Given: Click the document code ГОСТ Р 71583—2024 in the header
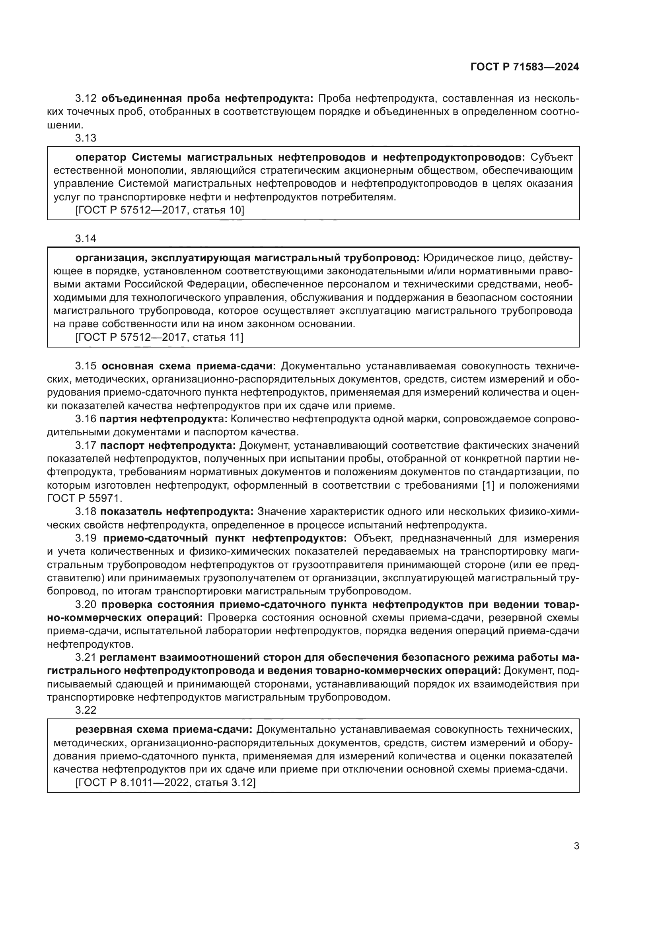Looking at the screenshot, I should [525, 67].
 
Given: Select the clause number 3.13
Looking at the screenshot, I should [86, 138].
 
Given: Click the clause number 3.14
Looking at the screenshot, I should [86, 239].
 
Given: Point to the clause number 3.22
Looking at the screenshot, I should [86, 710].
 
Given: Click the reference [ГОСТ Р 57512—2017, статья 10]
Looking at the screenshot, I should [160, 210].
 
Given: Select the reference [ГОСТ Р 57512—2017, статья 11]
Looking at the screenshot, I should [160, 337].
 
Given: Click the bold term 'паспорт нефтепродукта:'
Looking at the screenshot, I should [168, 446].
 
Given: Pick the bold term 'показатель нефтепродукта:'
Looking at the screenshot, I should [177, 512].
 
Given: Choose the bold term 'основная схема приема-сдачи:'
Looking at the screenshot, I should [189, 366].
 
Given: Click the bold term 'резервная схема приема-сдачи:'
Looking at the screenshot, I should [164, 730].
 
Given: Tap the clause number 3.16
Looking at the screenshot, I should [86, 419].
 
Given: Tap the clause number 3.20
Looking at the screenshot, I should [86, 604].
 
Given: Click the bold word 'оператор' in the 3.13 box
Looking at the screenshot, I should [101, 157].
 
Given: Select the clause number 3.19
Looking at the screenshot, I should [86, 538].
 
